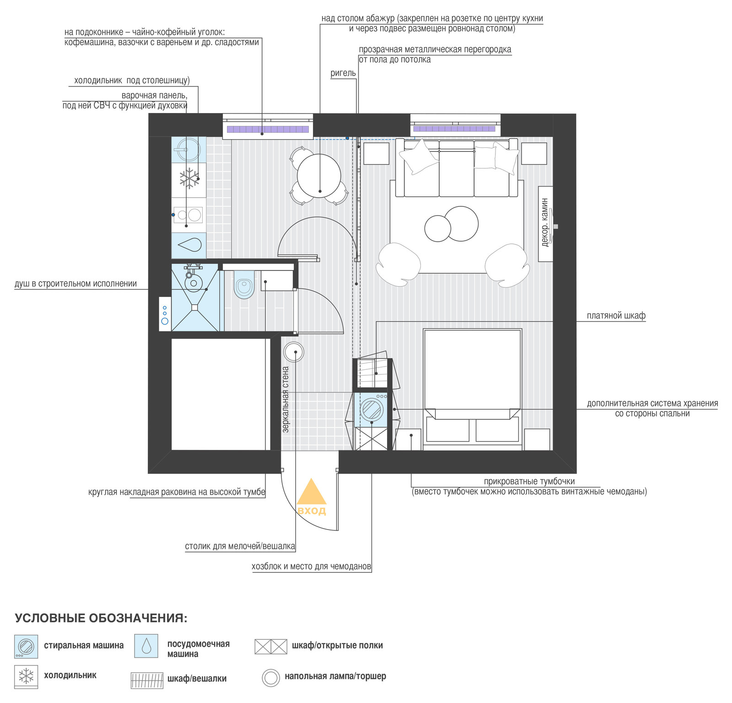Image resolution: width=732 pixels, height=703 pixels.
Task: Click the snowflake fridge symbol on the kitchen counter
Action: click(189, 178)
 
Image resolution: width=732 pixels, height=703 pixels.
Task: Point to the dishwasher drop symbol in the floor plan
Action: click(189, 245)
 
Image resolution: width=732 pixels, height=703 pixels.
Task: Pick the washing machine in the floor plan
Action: click(371, 409)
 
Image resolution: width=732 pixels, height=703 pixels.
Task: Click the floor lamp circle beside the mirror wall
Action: click(294, 352)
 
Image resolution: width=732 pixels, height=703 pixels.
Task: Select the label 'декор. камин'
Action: click(545, 223)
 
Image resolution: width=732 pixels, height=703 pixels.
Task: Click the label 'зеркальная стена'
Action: click(286, 400)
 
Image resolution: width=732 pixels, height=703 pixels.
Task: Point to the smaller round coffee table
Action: click(438, 228)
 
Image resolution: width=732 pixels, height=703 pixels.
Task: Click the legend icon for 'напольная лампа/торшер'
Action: click(271, 678)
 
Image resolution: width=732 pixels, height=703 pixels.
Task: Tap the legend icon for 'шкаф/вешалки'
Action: click(147, 680)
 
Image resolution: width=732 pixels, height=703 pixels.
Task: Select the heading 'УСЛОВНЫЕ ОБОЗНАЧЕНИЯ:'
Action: click(101, 618)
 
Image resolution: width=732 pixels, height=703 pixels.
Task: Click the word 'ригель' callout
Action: click(343, 73)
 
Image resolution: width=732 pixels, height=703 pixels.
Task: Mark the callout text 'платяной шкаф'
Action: click(616, 316)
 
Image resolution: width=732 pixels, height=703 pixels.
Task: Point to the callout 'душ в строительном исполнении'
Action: click(75, 284)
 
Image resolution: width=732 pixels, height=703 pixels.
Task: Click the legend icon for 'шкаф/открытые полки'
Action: click(271, 646)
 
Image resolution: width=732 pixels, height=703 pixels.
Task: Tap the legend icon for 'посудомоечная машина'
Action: click(146, 646)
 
